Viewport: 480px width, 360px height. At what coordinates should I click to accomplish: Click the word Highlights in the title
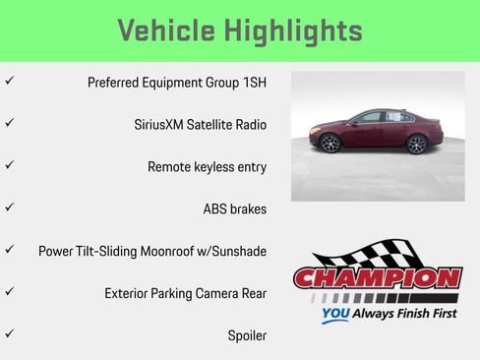tap(295, 30)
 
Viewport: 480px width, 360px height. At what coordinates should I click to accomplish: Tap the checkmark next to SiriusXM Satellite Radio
tap(10, 123)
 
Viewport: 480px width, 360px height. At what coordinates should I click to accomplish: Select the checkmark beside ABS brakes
tap(10, 207)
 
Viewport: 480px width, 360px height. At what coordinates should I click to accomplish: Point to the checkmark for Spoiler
tap(10, 333)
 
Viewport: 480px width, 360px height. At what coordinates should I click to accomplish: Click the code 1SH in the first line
tap(252, 83)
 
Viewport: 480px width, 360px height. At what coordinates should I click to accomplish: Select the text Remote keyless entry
tap(207, 167)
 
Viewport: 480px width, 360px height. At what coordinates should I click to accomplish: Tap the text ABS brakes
tap(234, 210)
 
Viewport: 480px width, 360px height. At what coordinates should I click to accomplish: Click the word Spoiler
tap(247, 335)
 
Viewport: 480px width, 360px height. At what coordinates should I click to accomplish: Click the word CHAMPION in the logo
tap(377, 279)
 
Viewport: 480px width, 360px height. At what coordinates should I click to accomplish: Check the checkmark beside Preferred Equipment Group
tap(10, 81)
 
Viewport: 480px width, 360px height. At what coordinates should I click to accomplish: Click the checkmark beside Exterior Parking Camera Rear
tap(10, 291)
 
